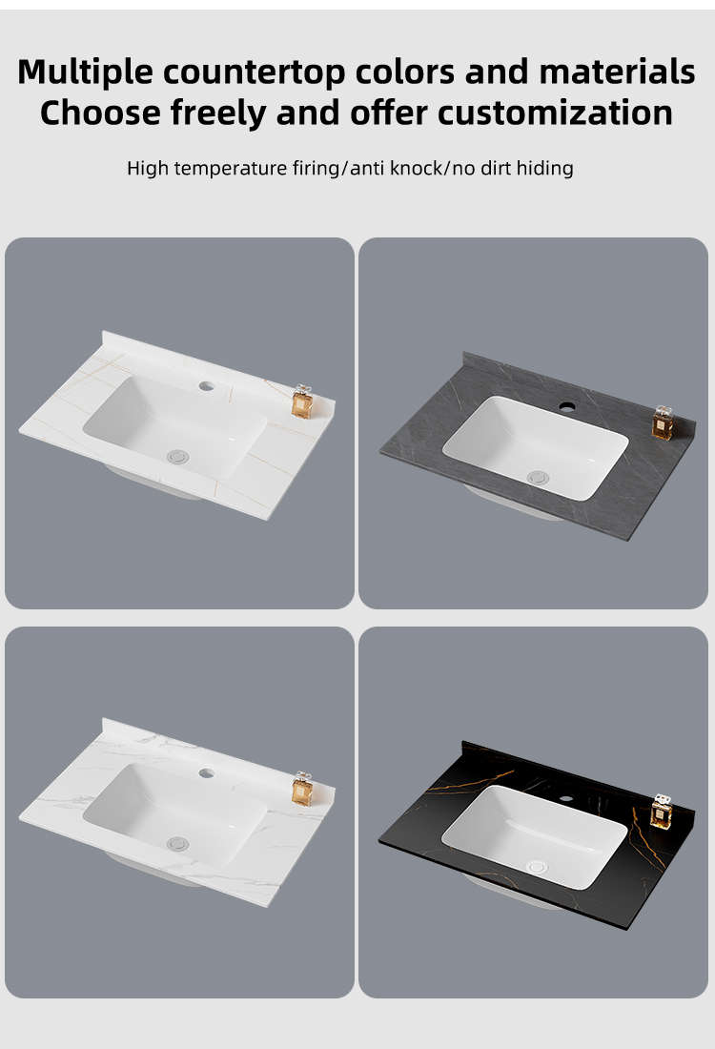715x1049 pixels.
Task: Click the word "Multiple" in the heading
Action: coord(85,72)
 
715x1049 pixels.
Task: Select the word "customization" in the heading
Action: coord(555,113)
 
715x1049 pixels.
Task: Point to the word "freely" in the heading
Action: coord(218,113)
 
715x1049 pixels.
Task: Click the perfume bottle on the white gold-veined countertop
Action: coord(302,401)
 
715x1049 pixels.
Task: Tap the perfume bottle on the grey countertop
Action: coord(663,422)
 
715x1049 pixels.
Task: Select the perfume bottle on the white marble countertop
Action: coord(302,789)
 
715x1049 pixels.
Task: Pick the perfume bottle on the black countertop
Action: coord(661,812)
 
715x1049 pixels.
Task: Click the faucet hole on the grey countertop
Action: coord(567,406)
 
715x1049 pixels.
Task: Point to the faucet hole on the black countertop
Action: coord(566,798)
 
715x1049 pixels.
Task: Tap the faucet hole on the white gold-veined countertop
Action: coord(206,386)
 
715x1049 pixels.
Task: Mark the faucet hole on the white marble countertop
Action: coord(206,773)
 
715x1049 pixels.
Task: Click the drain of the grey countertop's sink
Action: coord(538,478)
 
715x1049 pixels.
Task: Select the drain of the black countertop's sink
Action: coord(537,867)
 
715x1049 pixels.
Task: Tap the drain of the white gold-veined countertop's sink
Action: coord(177,457)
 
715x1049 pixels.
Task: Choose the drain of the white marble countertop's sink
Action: coord(177,844)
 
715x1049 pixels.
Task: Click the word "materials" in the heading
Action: coord(617,72)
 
